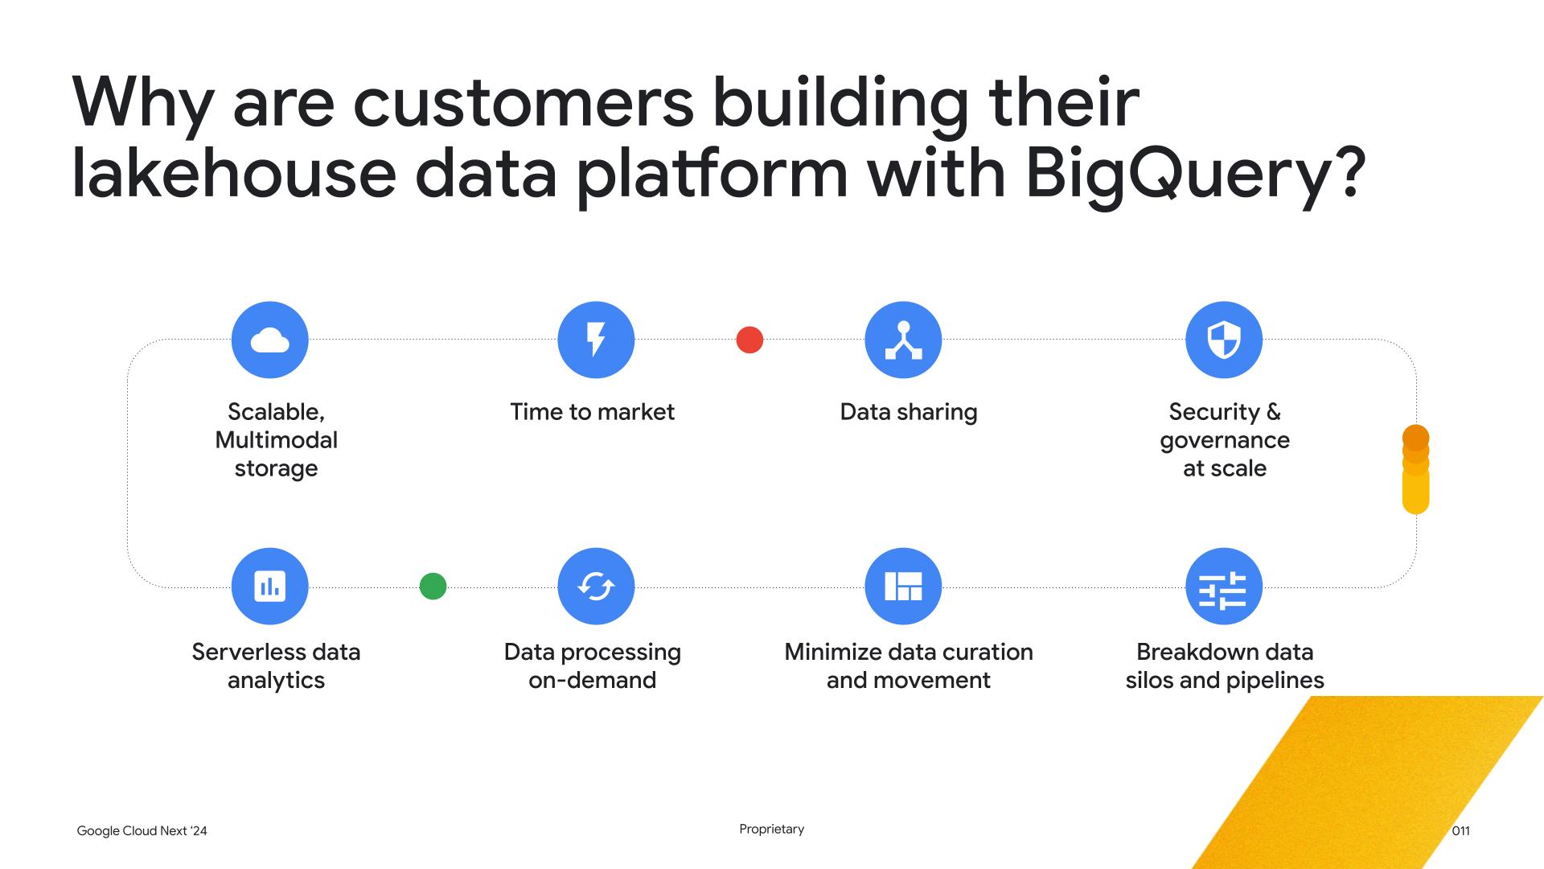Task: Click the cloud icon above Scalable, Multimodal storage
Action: click(269, 340)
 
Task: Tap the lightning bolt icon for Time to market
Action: click(596, 340)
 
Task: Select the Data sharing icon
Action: click(903, 340)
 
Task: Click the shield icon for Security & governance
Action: click(1224, 340)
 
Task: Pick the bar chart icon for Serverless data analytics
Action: click(269, 586)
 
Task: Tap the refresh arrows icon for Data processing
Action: click(596, 586)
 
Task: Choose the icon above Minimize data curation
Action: click(903, 586)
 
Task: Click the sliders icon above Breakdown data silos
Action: click(1224, 586)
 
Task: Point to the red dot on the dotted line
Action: click(749, 340)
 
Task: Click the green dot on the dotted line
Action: click(433, 586)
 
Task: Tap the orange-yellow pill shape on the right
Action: click(1415, 470)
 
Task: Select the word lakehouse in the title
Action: click(234, 173)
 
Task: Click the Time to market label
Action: click(593, 412)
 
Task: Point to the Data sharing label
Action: click(909, 412)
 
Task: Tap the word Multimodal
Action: click(276, 440)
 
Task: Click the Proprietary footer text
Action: click(772, 830)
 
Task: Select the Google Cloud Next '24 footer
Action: click(142, 831)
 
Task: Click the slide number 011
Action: click(1461, 831)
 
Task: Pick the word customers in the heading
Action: click(523, 104)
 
